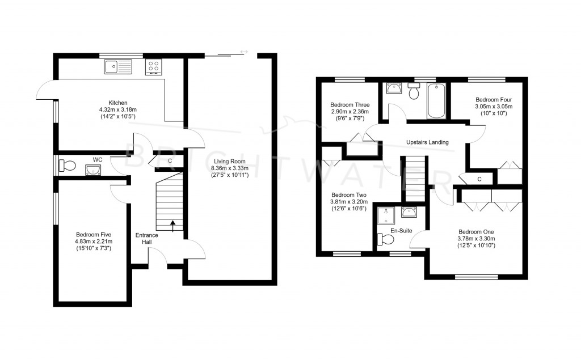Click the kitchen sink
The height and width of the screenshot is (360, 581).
pos(117,67)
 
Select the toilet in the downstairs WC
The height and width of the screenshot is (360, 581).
pos(68,165)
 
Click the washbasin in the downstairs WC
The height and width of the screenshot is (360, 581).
pos(92,169)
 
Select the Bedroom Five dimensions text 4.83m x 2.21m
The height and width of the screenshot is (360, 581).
pos(94,242)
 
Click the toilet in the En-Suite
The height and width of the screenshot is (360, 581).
pos(386,240)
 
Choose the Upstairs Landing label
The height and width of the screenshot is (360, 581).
pos(427,142)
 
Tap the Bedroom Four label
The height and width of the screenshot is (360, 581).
pos(493,99)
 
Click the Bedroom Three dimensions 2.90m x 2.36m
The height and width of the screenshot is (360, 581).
pos(350,112)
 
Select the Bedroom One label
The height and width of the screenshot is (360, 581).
pos(476,232)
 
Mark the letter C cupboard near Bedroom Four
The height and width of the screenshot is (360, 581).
pos(479,179)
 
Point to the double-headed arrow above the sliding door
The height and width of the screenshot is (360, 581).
pos(245,52)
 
